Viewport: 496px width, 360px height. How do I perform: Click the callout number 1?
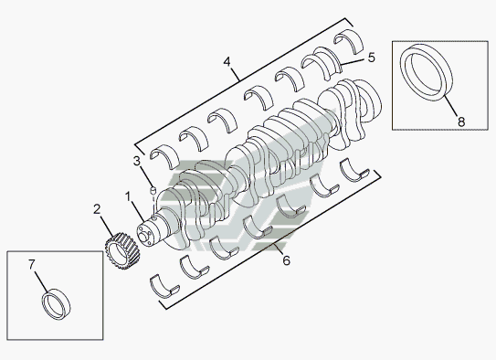(x=128, y=196)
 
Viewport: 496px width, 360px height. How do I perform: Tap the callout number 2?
(x=97, y=209)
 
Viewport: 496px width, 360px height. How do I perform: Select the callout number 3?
(x=136, y=161)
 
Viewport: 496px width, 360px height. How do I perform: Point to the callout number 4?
(x=227, y=61)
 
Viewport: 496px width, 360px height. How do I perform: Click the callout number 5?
(x=372, y=58)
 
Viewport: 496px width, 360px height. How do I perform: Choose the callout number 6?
(x=286, y=260)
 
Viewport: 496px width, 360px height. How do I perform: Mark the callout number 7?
(x=31, y=264)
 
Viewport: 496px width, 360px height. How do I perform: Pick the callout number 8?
(x=461, y=122)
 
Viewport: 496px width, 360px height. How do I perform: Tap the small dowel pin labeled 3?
(x=153, y=190)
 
